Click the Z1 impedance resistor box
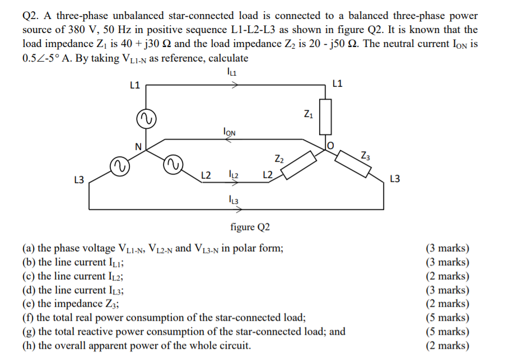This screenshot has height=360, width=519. (x=326, y=117)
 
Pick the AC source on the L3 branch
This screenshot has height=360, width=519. (x=119, y=166)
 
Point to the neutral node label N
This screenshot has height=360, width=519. (x=138, y=147)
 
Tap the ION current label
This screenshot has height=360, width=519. (x=230, y=132)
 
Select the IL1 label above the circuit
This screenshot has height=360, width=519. (x=232, y=72)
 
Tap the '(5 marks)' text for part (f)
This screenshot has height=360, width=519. (x=448, y=317)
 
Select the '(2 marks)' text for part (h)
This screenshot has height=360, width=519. (x=448, y=345)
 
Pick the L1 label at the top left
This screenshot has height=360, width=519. (x=134, y=86)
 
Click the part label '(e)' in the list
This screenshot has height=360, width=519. (x=29, y=303)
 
